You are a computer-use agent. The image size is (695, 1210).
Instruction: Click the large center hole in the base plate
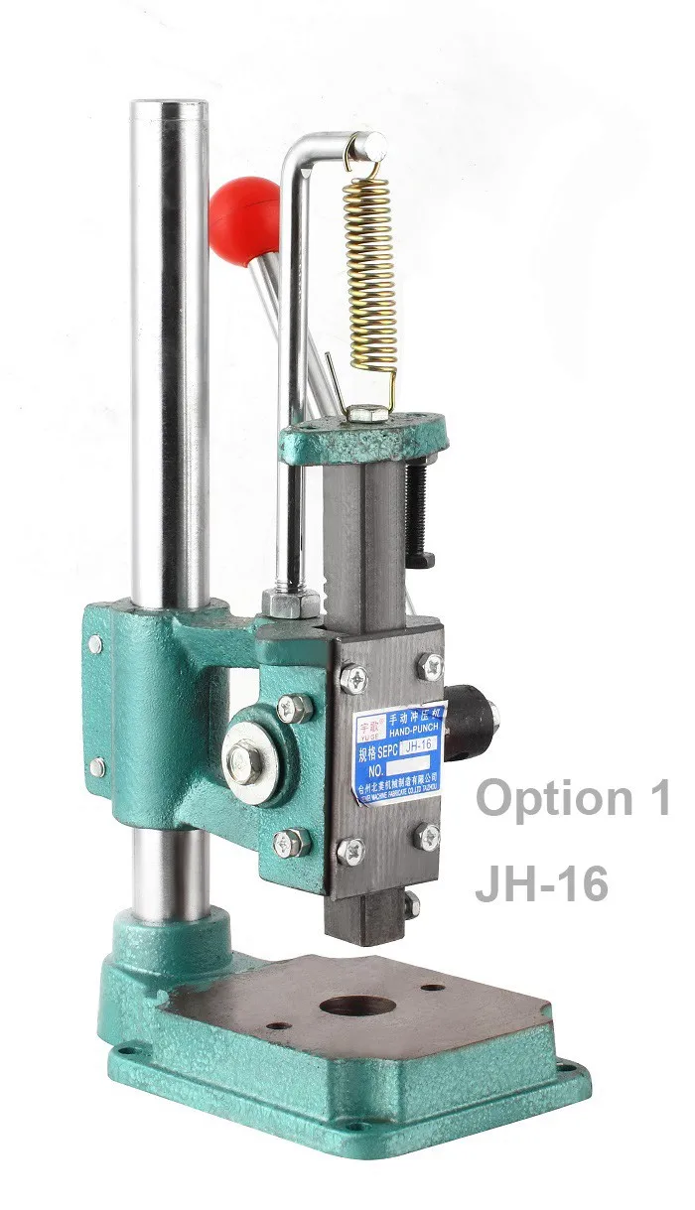coord(357,1006)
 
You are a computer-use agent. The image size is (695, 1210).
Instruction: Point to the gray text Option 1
coord(573,799)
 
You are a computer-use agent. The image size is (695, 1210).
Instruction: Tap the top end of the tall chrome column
coord(170,107)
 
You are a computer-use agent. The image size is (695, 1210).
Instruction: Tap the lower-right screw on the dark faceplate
coord(430,836)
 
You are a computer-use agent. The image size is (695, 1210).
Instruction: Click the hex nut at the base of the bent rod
coord(291,602)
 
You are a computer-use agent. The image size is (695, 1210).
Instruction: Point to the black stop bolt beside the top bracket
coord(417,511)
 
